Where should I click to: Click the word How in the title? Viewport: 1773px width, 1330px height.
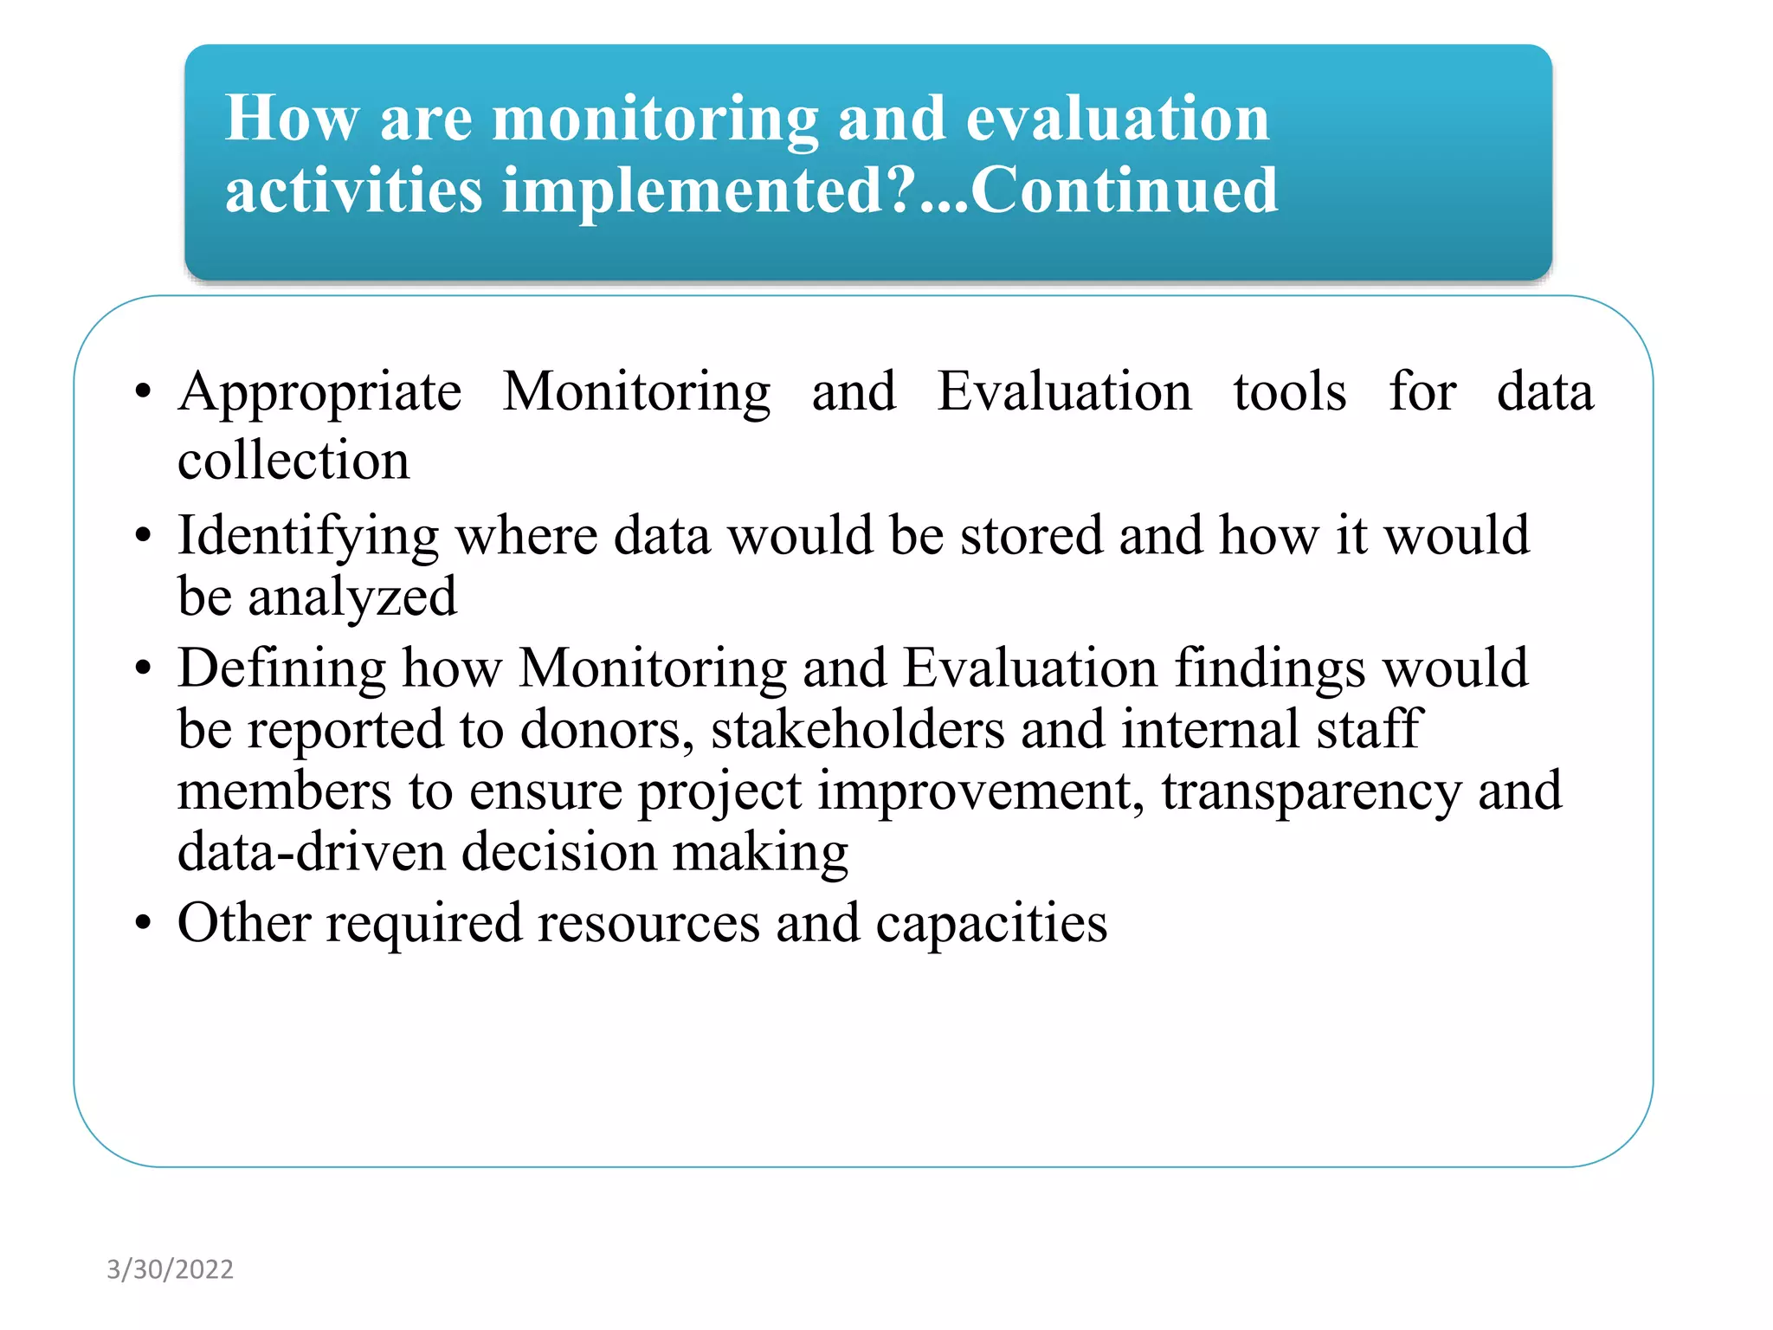point(292,119)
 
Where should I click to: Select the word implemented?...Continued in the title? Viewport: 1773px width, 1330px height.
point(890,190)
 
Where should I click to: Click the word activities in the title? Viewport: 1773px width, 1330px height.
point(353,190)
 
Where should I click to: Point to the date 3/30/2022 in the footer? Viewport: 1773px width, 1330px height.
point(170,1269)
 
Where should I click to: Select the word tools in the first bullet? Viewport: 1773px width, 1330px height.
point(1289,392)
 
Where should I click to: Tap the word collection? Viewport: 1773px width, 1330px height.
point(293,461)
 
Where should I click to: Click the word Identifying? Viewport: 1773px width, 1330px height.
point(308,537)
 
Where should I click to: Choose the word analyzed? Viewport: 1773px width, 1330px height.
point(352,598)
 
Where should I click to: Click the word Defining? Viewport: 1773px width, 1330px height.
point(281,670)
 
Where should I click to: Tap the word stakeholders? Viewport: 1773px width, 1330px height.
point(857,730)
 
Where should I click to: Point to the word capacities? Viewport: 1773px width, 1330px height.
point(991,924)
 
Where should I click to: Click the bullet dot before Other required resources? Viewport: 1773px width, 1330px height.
point(143,924)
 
